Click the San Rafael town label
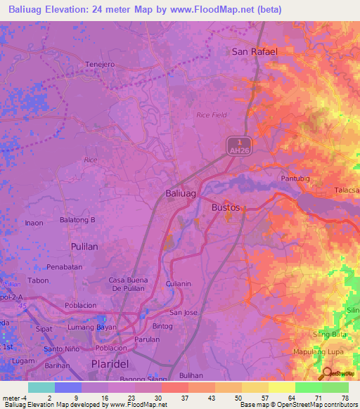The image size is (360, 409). click(x=255, y=51)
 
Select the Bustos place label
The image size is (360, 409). click(x=226, y=208)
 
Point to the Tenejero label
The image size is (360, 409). click(x=100, y=64)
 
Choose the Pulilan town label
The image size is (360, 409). click(x=89, y=247)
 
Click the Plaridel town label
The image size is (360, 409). click(x=111, y=363)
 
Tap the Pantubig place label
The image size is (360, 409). click(x=295, y=178)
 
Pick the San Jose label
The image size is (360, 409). click(x=184, y=312)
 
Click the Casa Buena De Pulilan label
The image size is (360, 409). click(x=127, y=284)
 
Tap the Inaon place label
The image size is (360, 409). click(x=34, y=223)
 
